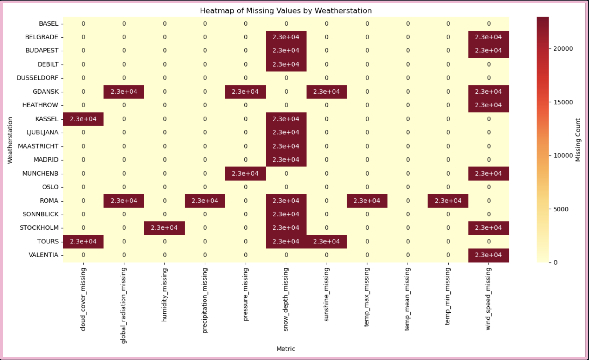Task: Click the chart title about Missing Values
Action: point(286,11)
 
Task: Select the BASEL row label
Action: point(48,24)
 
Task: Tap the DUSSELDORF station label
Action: point(37,78)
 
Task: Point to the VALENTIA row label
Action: point(43,255)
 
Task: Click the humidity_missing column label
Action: point(165,295)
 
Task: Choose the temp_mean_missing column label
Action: point(408,299)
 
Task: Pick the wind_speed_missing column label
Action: point(488,299)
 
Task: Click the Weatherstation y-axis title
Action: point(10,140)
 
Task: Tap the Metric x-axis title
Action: point(286,349)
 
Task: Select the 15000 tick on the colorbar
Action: point(563,102)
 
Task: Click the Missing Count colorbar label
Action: point(578,140)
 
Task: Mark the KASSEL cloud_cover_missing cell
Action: point(83,119)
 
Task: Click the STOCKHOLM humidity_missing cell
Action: point(164,228)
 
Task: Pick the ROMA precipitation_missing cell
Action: point(205,201)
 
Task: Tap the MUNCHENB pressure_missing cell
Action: point(245,174)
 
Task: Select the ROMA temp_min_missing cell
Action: point(448,201)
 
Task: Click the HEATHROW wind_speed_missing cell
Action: point(488,105)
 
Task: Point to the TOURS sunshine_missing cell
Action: point(326,242)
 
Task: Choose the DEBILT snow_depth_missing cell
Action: point(286,64)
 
